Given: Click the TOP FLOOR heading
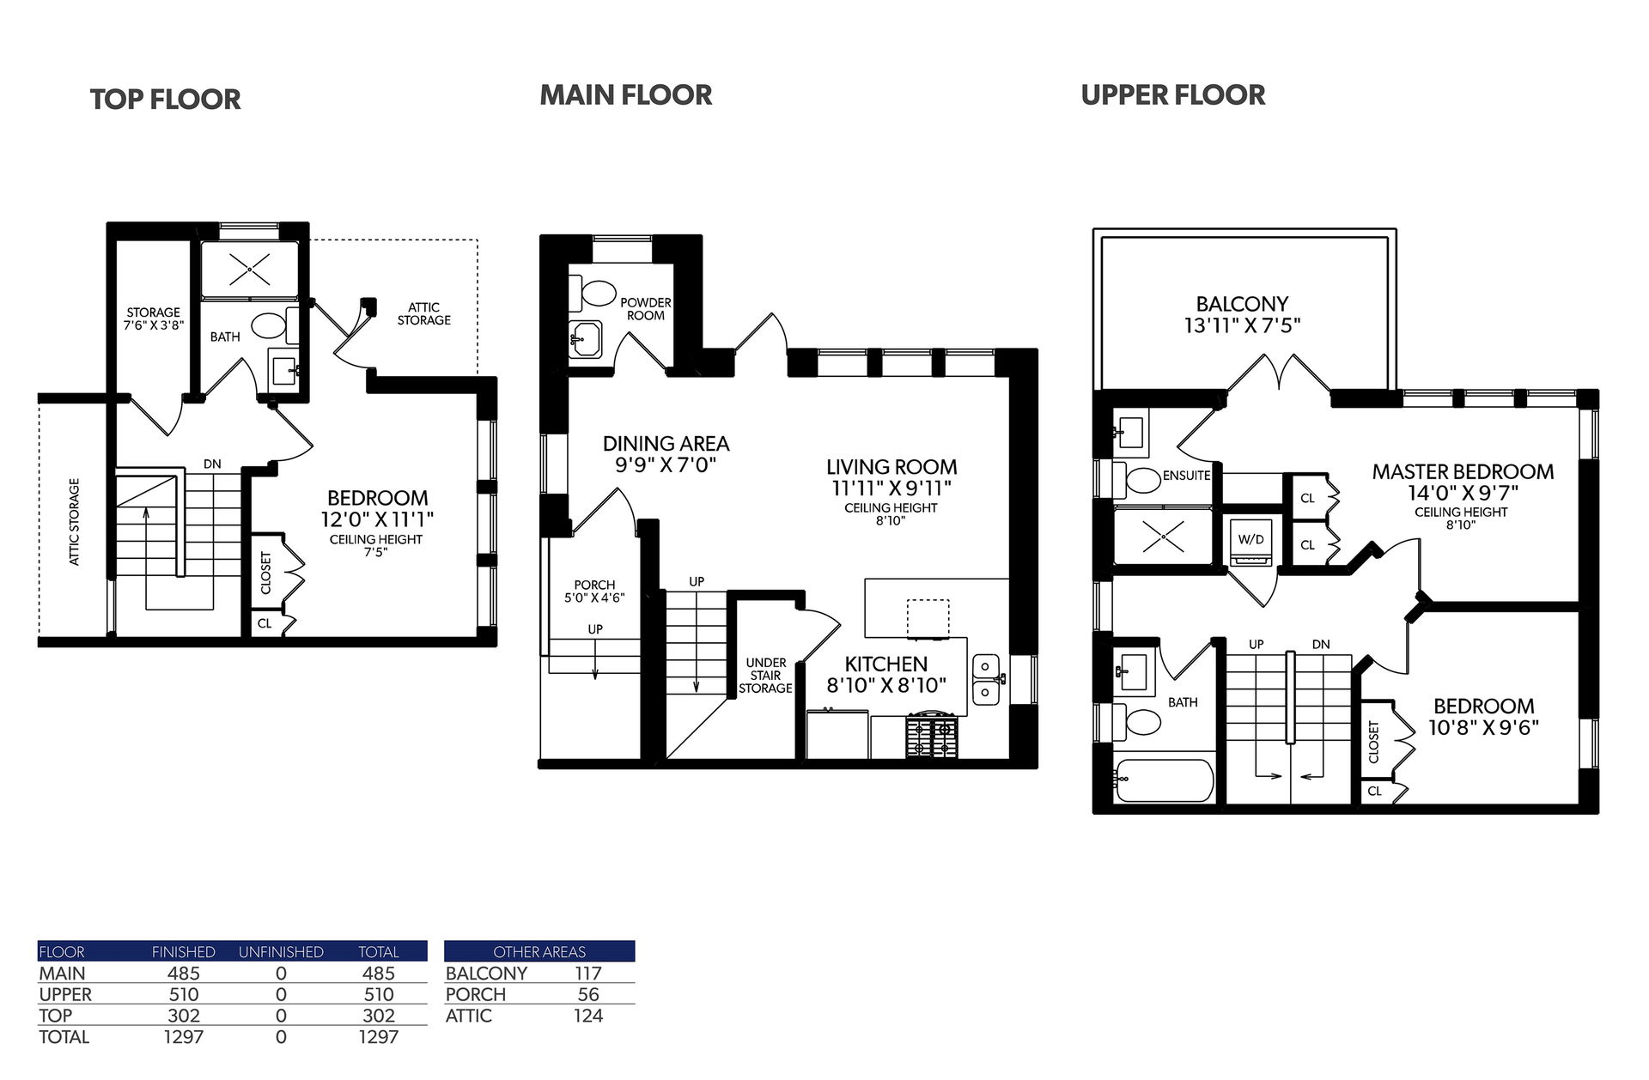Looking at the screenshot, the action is (166, 100).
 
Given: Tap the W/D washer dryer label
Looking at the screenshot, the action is (1250, 539).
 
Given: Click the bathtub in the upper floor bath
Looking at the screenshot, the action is (1164, 780).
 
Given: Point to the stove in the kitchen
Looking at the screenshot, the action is (932, 736).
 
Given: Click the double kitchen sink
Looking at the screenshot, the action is (986, 679).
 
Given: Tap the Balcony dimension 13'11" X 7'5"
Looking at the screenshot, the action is (1242, 325).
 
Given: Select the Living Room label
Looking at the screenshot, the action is (891, 467).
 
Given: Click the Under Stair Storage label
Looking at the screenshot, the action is (765, 675).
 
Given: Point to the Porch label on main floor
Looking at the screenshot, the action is (594, 585).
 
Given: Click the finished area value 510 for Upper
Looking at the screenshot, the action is (184, 994).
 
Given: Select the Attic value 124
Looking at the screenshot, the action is (588, 1016).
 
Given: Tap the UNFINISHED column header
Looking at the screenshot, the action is (281, 952).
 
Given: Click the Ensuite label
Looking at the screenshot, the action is (1186, 476).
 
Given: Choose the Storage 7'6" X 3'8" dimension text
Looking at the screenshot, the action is (154, 325).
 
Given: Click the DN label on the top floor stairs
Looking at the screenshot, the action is (212, 464).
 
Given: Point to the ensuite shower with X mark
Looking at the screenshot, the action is (1164, 536).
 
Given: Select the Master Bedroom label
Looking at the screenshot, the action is (1463, 471).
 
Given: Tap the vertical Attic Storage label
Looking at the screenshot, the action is (74, 521).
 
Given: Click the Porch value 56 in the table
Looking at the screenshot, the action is (588, 994).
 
